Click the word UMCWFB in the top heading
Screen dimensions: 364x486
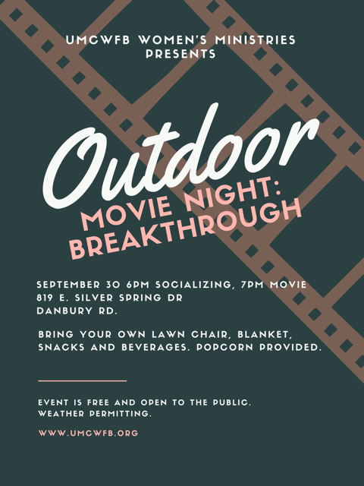tap(98, 40)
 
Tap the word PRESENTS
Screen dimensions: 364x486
tap(181, 54)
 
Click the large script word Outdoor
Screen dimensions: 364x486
tap(180, 156)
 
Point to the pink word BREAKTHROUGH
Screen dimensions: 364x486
tap(185, 228)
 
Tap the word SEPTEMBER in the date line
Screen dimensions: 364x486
tap(68, 285)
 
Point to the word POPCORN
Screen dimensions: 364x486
tap(224, 347)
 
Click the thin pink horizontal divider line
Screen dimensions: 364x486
tap(83, 380)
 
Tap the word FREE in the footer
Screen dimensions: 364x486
tap(98, 402)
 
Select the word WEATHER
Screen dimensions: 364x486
tap(61, 414)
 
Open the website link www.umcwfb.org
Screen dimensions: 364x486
tap(88, 433)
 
